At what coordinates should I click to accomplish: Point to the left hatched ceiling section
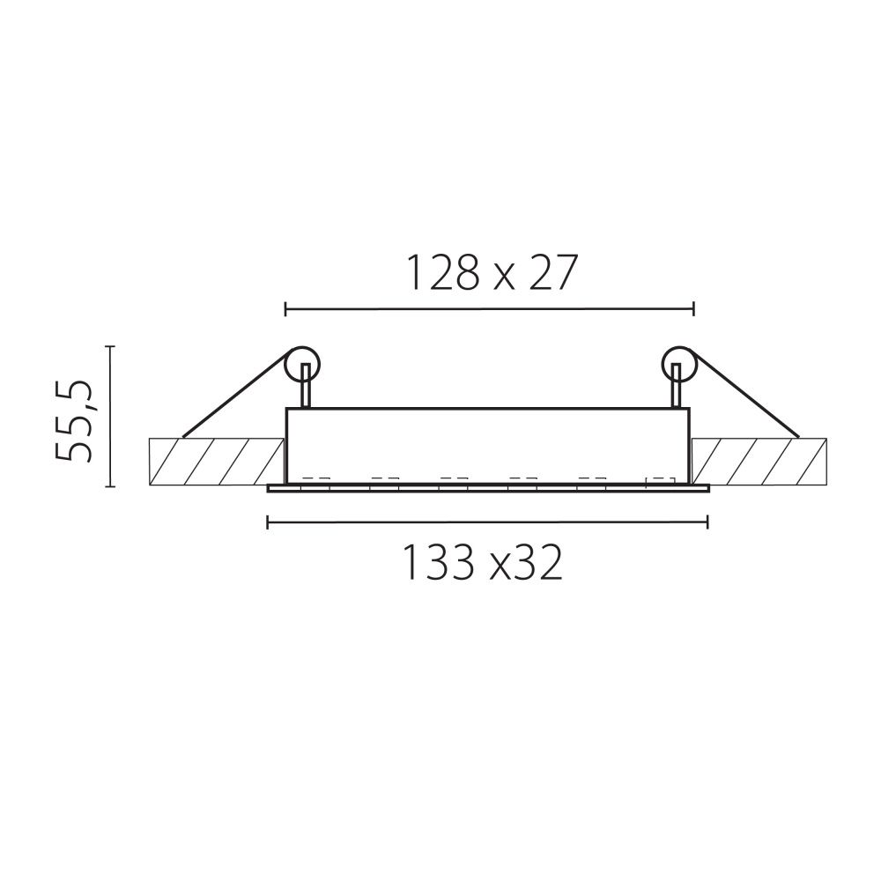(x=216, y=461)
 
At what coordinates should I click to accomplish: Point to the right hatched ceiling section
(x=759, y=461)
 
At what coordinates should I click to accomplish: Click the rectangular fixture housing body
(x=488, y=445)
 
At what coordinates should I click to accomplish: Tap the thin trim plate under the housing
(x=488, y=489)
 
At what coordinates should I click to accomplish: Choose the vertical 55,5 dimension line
(x=110, y=416)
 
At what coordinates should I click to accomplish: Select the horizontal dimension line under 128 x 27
(x=490, y=308)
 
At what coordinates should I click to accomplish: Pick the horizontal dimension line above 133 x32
(x=487, y=524)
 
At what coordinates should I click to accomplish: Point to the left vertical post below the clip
(x=306, y=390)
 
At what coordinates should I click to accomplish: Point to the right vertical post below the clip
(x=676, y=390)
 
